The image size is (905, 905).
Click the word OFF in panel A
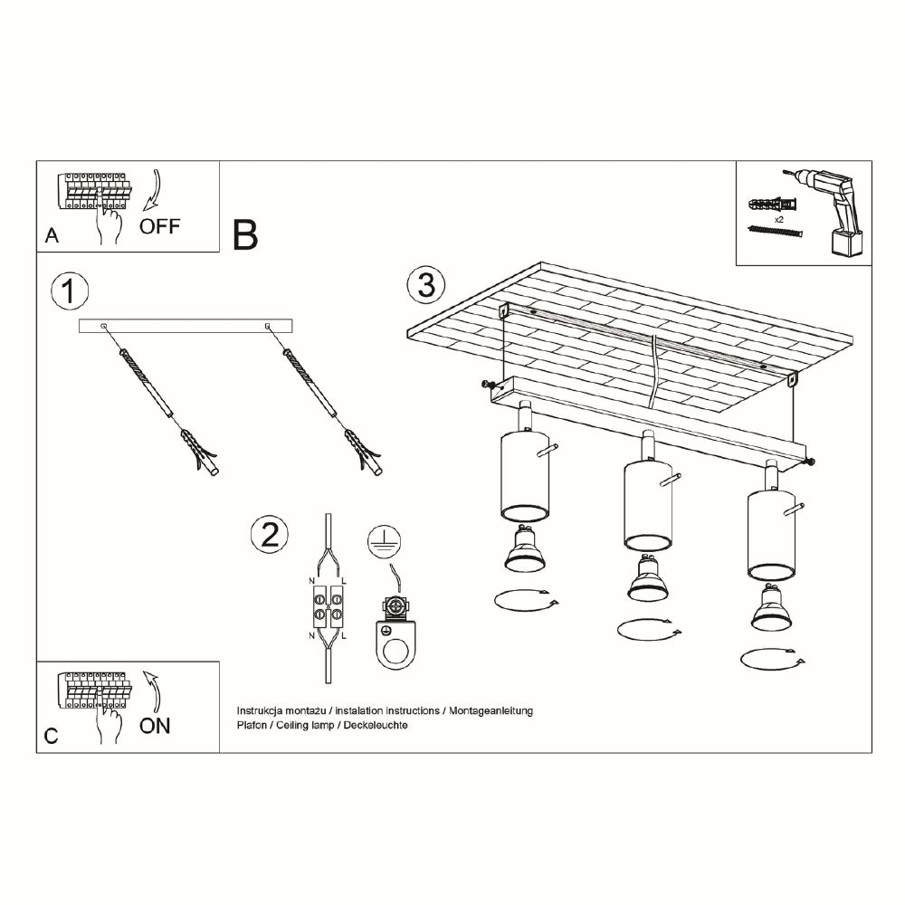pos(160,225)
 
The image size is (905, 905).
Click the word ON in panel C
pos(155,726)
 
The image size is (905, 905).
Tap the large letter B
pos(244,235)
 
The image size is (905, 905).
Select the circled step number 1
pos(70,291)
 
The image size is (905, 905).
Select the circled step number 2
pos(270,534)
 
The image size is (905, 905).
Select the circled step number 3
pos(426,285)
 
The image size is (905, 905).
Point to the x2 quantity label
pos(778,219)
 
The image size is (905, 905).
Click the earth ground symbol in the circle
pos(385,542)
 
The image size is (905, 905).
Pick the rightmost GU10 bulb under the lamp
pos(771,607)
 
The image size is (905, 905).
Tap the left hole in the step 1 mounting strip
pos(104,327)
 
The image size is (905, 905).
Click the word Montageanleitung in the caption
pos(491,710)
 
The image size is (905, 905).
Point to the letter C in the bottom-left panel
pos(52,736)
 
